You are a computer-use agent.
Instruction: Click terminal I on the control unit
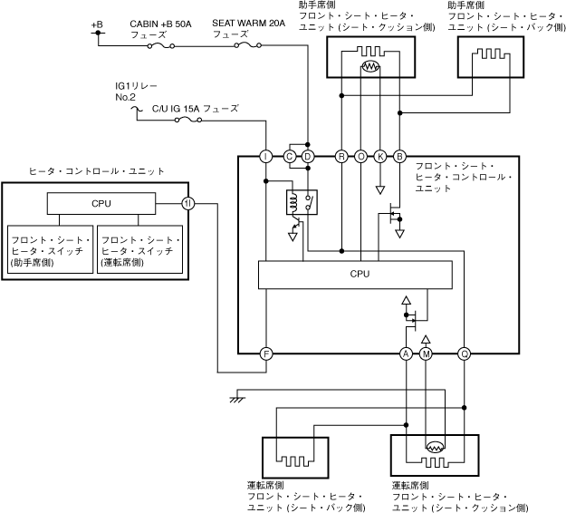point(266,157)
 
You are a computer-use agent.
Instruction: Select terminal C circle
point(290,157)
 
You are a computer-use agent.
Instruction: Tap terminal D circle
point(308,157)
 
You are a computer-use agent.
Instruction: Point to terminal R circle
point(341,157)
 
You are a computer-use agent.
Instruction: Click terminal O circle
point(361,157)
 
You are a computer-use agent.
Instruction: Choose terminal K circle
point(380,157)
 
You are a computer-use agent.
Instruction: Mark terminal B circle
point(399,157)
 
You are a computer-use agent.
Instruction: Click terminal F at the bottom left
point(266,353)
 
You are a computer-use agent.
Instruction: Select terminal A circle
point(407,353)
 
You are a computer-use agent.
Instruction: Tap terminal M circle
point(426,353)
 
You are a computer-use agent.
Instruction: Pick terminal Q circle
point(464,353)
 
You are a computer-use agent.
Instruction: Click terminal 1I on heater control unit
point(187,203)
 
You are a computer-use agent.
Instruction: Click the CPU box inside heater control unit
point(101,203)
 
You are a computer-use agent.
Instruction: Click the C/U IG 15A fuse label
point(195,108)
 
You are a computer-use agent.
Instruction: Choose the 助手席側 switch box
point(50,251)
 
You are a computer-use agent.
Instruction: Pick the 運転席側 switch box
point(139,251)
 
